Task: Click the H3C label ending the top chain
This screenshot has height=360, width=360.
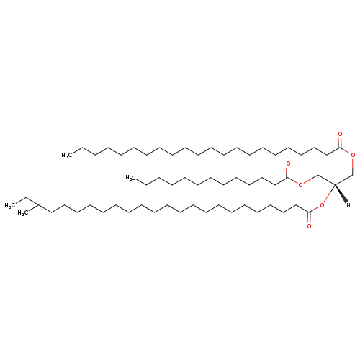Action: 67,156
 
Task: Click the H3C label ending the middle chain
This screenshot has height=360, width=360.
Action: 131,178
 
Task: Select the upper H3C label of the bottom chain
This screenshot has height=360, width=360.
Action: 10,206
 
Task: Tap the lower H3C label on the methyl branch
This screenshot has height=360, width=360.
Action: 23,213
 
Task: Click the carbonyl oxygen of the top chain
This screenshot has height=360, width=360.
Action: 340,134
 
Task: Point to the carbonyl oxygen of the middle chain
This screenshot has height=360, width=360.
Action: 288,163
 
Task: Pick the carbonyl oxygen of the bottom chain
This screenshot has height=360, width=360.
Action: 309,226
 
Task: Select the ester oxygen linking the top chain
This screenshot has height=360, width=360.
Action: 353,155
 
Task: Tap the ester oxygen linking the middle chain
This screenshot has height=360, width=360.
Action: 300,185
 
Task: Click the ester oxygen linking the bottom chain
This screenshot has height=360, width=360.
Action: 322,205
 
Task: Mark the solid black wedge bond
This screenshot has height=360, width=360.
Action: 341,193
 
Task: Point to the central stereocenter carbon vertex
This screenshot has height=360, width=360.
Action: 335,184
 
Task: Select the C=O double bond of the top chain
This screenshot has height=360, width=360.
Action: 340,143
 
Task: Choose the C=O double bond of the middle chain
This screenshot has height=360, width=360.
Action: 288,173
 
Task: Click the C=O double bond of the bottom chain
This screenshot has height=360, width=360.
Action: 309,217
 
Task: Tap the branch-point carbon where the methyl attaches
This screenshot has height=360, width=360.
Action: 38,205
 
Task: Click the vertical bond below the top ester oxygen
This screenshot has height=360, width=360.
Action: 353,167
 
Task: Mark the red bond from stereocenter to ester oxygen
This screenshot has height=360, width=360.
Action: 329,194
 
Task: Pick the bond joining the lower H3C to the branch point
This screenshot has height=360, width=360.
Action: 33,208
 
